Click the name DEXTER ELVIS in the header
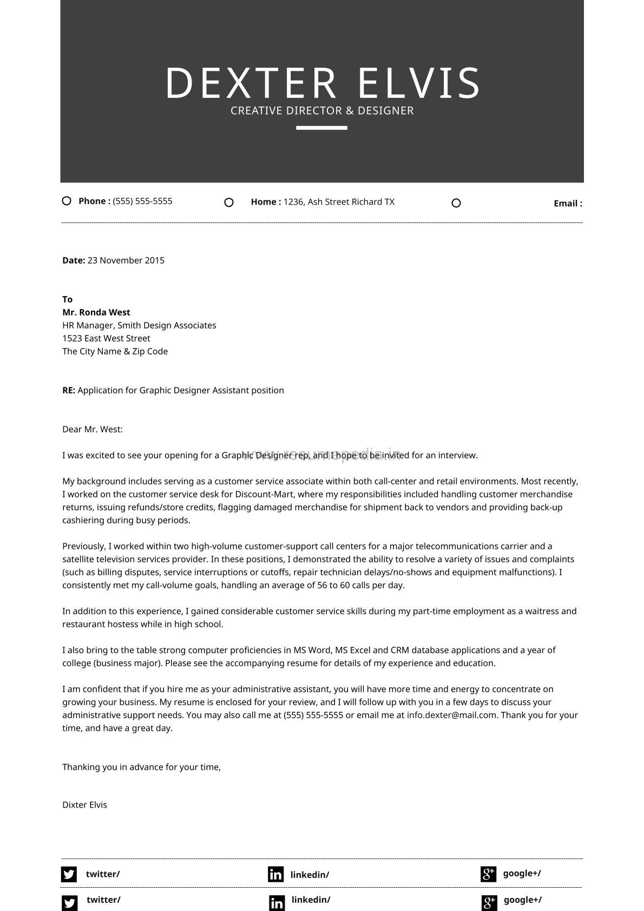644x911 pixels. [322, 83]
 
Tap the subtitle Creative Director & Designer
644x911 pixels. [322, 111]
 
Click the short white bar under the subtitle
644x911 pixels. [321, 128]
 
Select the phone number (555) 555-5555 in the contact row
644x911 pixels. [142, 201]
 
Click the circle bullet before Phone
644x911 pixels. [67, 201]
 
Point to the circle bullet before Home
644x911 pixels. [229, 202]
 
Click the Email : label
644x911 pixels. [568, 204]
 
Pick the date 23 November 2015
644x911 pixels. [126, 260]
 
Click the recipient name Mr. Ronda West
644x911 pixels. [96, 312]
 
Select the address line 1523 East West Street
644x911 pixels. [106, 338]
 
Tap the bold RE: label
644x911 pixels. [69, 390]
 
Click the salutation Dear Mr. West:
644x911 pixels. [93, 429]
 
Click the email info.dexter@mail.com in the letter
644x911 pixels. [452, 715]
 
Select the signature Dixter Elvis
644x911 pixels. [84, 805]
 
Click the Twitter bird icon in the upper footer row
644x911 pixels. [69, 874]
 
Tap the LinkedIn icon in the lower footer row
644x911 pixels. [277, 903]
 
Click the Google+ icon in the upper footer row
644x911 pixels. [488, 874]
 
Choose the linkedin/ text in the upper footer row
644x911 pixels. [310, 875]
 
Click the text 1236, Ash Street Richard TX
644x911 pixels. [339, 202]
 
